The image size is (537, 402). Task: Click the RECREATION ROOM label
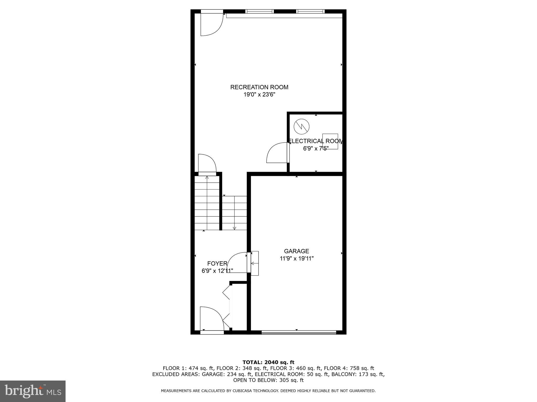pyautogui.click(x=259, y=87)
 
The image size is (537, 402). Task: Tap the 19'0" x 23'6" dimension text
pyautogui.click(x=259, y=95)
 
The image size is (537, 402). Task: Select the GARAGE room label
pyautogui.click(x=297, y=251)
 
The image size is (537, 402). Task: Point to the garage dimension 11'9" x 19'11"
pyautogui.click(x=297, y=259)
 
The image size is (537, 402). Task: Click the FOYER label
pyautogui.click(x=217, y=264)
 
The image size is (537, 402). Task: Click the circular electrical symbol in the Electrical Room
pyautogui.click(x=301, y=127)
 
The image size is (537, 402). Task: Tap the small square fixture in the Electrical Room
pyautogui.click(x=330, y=141)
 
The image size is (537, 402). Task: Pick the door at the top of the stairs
pyautogui.click(x=207, y=164)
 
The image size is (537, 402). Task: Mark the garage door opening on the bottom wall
pyautogui.click(x=299, y=332)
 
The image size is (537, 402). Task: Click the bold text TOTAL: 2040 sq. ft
pyautogui.click(x=268, y=362)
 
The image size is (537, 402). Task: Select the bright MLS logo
pyautogui.click(x=33, y=391)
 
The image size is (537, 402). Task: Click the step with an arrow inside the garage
pyautogui.click(x=254, y=263)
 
